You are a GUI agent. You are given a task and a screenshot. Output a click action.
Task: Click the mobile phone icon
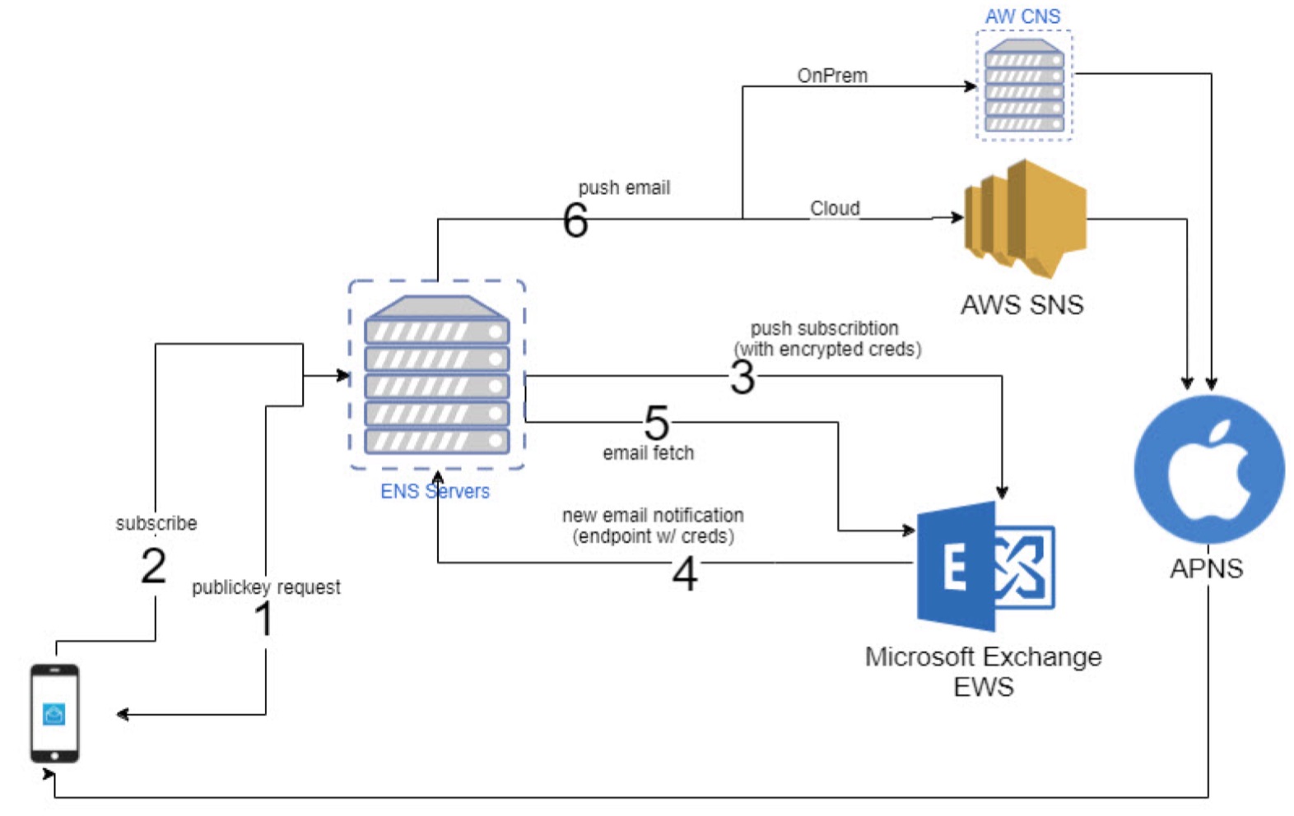[x=54, y=712]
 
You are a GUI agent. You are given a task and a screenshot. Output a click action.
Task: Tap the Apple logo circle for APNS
[x=1208, y=469]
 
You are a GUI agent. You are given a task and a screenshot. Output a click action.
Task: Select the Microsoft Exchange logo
[x=984, y=566]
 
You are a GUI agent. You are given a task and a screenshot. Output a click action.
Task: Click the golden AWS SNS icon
[x=1026, y=218]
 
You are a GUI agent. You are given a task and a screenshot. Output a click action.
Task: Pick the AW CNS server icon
[x=1024, y=86]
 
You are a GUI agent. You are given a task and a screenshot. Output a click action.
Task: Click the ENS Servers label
[x=435, y=491]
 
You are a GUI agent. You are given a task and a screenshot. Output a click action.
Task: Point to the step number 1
[x=263, y=619]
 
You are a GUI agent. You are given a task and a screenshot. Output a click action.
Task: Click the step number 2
[x=154, y=566]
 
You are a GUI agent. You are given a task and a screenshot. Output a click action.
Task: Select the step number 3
[x=742, y=378]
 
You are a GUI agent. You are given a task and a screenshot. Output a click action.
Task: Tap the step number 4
[x=685, y=573]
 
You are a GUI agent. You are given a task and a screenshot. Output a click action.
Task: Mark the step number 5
[x=656, y=423]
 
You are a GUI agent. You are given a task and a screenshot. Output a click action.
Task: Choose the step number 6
[x=575, y=220]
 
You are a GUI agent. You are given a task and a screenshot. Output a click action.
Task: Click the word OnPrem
[x=832, y=76]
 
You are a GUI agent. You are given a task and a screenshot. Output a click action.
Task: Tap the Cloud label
[x=835, y=208]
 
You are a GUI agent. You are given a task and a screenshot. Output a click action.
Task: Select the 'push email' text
[x=624, y=188]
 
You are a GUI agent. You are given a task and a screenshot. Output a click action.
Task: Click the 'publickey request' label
[x=266, y=587]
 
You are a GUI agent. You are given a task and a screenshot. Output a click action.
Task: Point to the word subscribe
[x=156, y=523]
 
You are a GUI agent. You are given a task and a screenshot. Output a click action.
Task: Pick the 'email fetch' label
[x=648, y=452]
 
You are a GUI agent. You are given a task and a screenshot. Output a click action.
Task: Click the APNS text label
[x=1206, y=568]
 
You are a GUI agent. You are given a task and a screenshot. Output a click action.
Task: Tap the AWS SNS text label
[x=1022, y=305]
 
